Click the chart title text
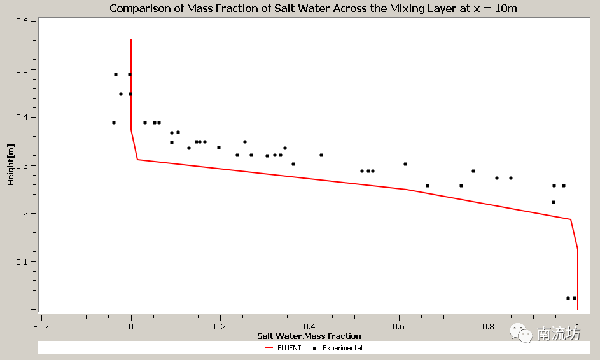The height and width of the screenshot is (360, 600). tap(312, 8)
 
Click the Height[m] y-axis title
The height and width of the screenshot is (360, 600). tap(11, 165)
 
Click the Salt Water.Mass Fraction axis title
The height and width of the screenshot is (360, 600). tap(309, 336)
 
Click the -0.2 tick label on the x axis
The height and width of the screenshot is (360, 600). tap(41, 326)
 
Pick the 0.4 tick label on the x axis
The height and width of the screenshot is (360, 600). tap(309, 326)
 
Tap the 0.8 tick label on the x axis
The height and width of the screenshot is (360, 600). tap(488, 326)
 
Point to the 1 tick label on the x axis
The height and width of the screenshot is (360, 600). tap(578, 326)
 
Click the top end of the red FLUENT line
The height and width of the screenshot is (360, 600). tap(131, 40)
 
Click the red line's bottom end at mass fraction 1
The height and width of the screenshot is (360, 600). tap(578, 309)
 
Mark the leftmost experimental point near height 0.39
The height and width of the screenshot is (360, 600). tap(114, 123)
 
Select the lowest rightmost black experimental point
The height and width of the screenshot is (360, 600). tap(575, 298)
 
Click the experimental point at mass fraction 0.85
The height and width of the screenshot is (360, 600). tap(511, 178)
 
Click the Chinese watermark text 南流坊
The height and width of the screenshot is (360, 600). tap(559, 334)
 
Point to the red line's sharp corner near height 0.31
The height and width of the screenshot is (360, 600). tap(137, 160)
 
